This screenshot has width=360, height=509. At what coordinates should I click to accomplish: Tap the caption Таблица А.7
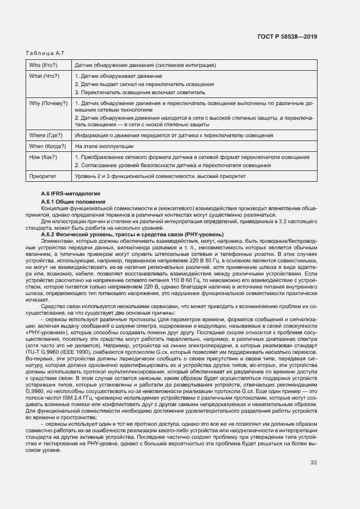45,53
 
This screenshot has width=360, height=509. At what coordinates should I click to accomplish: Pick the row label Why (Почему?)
48,103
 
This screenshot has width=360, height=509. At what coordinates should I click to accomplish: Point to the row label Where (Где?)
45,135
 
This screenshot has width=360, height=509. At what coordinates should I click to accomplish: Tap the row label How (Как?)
43,157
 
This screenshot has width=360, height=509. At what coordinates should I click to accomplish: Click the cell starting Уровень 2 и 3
160,176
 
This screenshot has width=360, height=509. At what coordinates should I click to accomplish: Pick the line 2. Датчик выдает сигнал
144,84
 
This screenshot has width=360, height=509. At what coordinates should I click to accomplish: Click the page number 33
313,463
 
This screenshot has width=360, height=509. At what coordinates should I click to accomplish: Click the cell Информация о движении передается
174,135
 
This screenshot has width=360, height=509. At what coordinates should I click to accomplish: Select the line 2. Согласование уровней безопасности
173,165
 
